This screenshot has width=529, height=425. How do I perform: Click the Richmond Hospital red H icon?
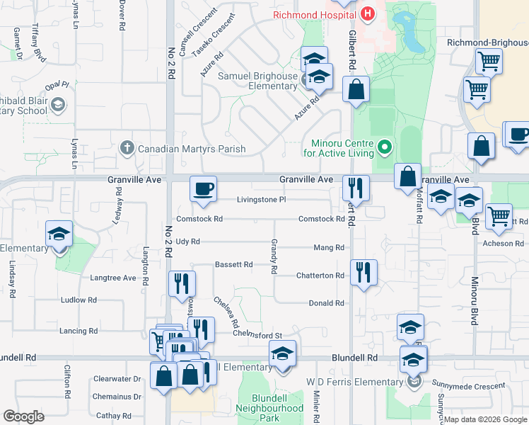click(x=368, y=13)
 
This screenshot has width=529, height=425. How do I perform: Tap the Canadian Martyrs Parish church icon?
click(x=127, y=148)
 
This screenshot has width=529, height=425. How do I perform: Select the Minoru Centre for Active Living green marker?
click(x=385, y=147)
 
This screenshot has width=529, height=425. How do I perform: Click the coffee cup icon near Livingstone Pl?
click(x=203, y=189)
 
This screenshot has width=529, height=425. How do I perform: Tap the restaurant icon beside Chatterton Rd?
click(x=364, y=272)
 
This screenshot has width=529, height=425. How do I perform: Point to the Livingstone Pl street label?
click(x=261, y=200)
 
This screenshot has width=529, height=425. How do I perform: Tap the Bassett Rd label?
click(x=233, y=265)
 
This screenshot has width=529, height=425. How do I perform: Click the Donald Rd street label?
click(x=326, y=303)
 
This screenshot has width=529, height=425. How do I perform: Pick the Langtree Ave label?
click(x=112, y=278)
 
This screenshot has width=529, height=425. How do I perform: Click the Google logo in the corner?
click(x=24, y=416)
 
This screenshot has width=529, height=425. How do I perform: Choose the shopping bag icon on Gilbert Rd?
click(x=356, y=90)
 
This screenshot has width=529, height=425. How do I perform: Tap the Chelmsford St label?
click(x=257, y=335)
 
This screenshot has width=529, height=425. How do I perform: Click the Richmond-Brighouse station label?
click(x=487, y=42)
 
